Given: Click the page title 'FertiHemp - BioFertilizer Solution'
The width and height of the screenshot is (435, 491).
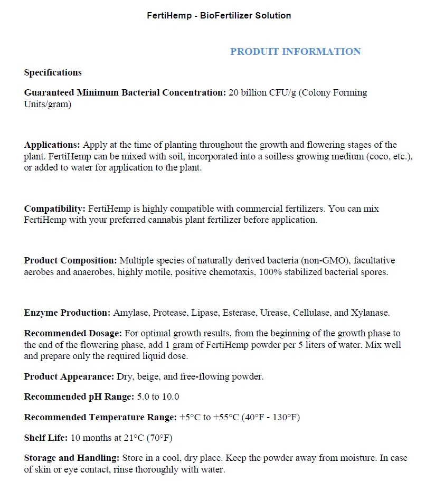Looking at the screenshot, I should coord(219,15).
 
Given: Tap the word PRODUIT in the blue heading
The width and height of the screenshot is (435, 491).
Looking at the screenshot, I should coord(254,52).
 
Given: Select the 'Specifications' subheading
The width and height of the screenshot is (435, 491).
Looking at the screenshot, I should coord(53,72).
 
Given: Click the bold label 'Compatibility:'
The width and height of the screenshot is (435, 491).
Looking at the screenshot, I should coord(55,209).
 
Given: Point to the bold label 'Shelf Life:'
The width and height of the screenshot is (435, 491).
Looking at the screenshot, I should coord(46,438).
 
